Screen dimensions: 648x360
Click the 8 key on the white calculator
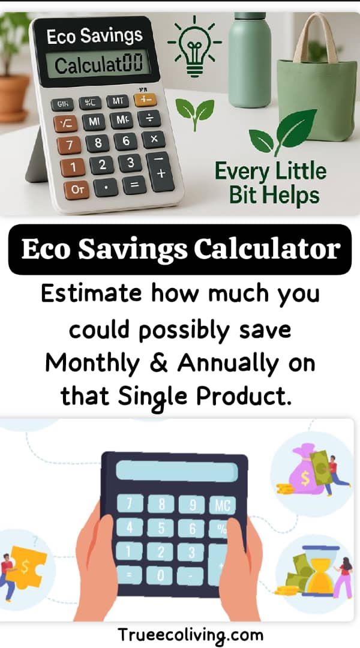click(x=98, y=143)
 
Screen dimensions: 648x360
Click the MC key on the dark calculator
click(x=221, y=505)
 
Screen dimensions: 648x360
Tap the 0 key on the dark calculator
click(x=161, y=575)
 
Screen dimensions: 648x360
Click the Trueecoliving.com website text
click(x=190, y=634)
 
